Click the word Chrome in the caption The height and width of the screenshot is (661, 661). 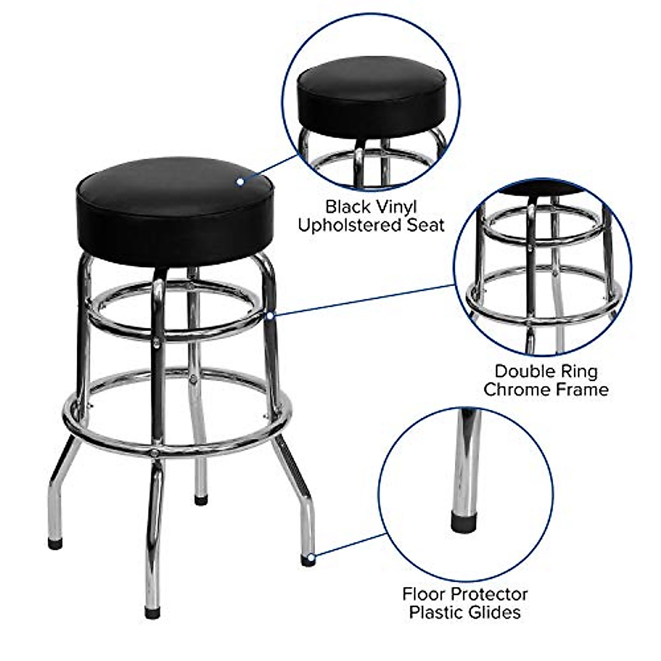[515, 389]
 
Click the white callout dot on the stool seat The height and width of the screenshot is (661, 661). [240, 181]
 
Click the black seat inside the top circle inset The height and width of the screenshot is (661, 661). [371, 96]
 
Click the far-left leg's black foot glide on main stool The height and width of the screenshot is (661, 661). [55, 544]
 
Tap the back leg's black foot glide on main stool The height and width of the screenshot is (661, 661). [201, 500]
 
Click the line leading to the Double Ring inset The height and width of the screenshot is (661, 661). [364, 300]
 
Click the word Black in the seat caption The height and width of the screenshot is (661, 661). [347, 207]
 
